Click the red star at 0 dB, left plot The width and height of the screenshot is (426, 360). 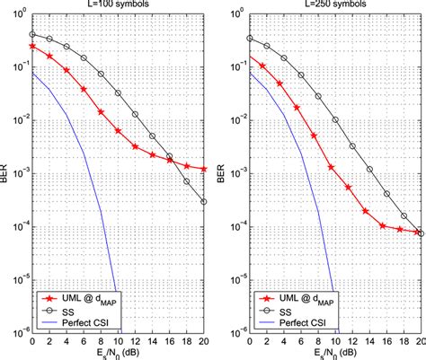coord(32,45)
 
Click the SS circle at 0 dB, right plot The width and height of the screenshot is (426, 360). coord(248,38)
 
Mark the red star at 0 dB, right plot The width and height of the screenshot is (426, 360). coord(248,58)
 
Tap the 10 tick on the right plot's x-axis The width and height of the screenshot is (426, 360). coord(334,341)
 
